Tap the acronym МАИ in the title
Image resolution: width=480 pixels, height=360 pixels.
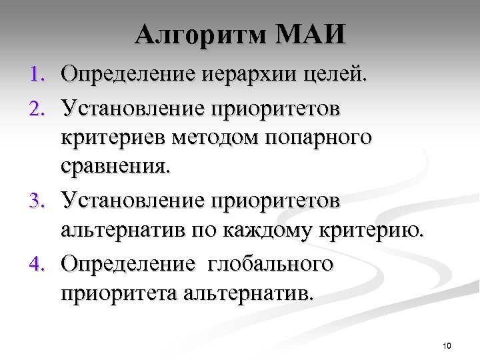[311, 35]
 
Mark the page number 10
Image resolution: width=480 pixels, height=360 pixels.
[447, 345]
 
